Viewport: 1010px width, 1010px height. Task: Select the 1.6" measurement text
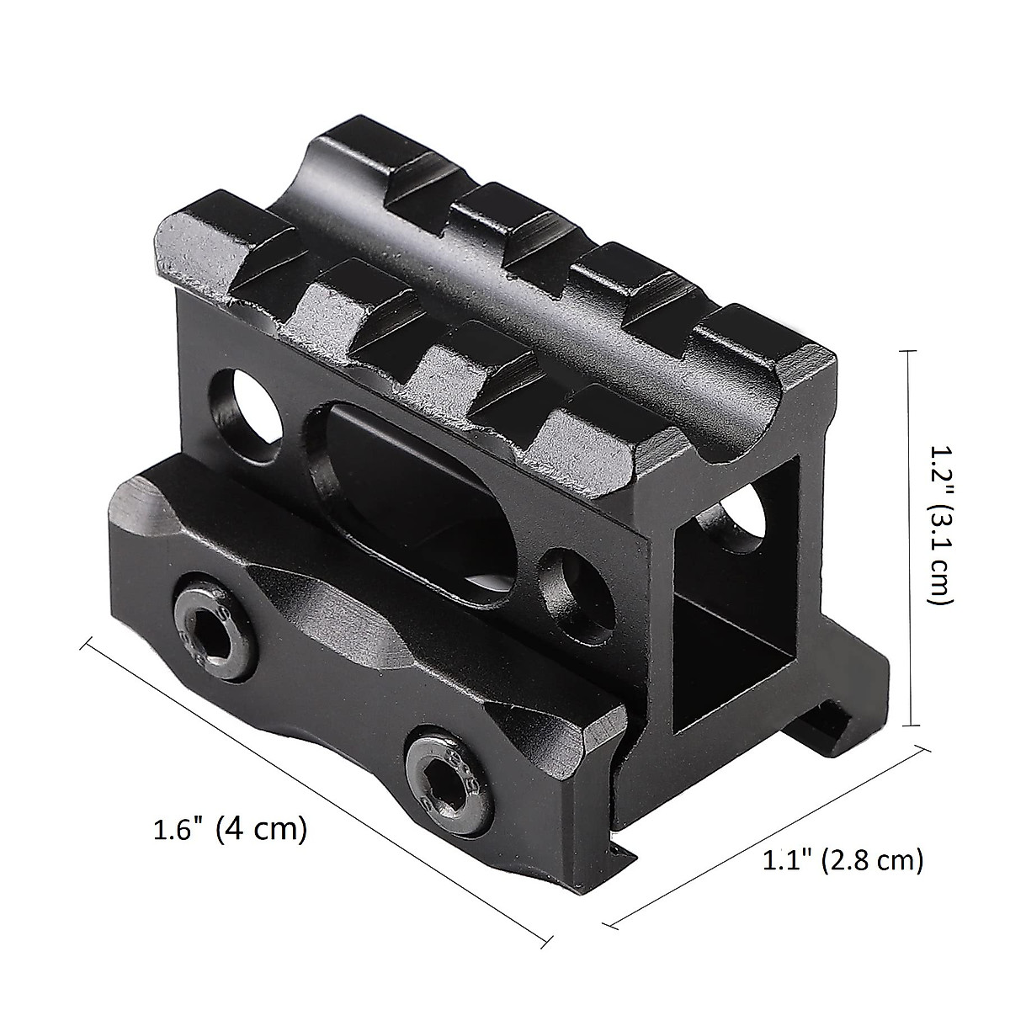(178, 829)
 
